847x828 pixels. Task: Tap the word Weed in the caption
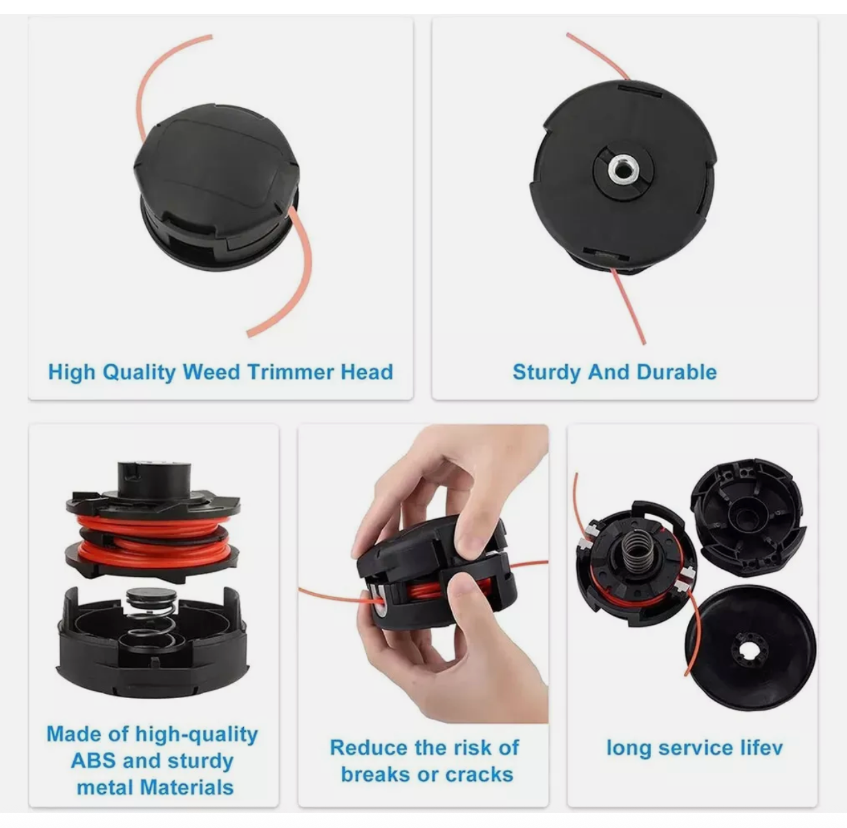pos(211,372)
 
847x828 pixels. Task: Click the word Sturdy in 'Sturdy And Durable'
pos(546,372)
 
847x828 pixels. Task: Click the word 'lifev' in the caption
pos(759,747)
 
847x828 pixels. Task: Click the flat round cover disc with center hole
pos(750,646)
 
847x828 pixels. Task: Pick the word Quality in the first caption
pos(139,372)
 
